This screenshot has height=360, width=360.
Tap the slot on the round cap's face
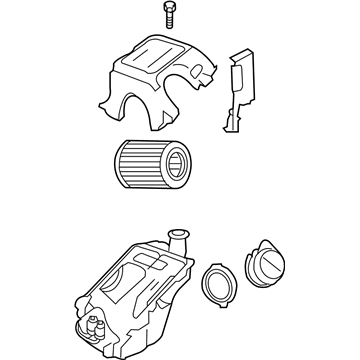(268, 264)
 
